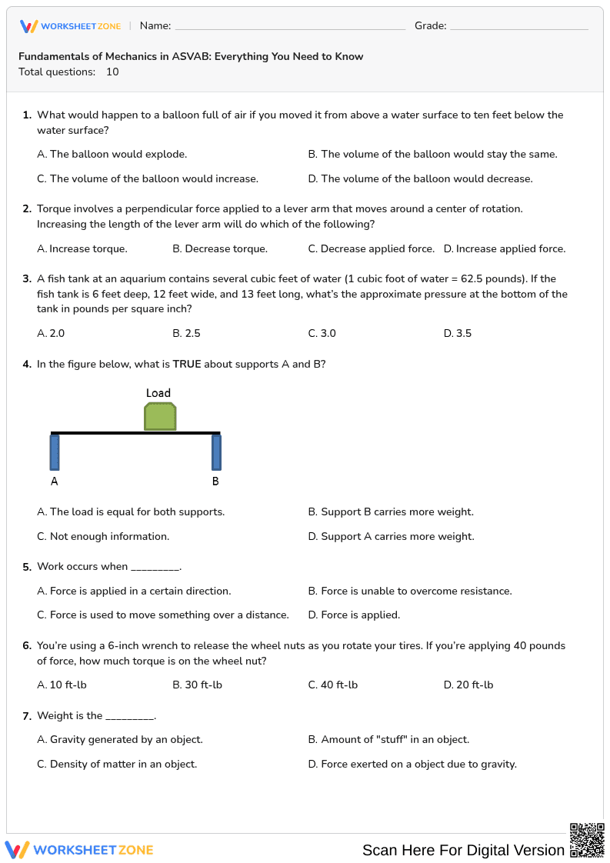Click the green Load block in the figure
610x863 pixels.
tap(160, 417)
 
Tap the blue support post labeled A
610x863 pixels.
tap(55, 452)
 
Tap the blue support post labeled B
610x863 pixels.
tap(216, 452)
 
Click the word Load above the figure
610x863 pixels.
tap(158, 393)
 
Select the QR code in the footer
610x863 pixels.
tap(586, 840)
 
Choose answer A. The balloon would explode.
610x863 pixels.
tap(112, 155)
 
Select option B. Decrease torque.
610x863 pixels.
tap(220, 249)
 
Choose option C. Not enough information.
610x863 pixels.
tap(103, 537)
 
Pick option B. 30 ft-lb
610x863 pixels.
tap(198, 685)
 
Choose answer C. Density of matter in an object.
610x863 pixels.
tap(117, 765)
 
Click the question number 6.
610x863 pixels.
tap(27, 646)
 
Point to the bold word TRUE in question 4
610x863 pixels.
tap(187, 365)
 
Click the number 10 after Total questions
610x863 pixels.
tap(112, 72)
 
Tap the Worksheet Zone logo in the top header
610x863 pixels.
tap(70, 26)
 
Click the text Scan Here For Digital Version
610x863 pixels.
tap(463, 850)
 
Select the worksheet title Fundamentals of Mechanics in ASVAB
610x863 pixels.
tap(191, 57)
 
